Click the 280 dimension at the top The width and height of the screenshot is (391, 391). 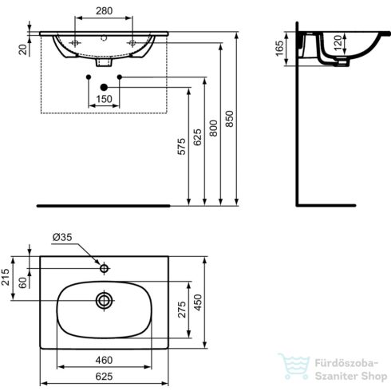104,11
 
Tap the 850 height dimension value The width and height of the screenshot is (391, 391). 229,119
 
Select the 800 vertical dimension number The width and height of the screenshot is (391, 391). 213,128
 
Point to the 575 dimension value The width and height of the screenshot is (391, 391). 181,146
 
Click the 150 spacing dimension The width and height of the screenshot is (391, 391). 104,99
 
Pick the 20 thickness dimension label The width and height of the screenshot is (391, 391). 23,49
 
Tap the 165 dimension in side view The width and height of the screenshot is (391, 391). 279,49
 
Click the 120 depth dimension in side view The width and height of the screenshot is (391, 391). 338,43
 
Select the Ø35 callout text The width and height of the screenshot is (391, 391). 62,237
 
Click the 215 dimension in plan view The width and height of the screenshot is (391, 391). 6,277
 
